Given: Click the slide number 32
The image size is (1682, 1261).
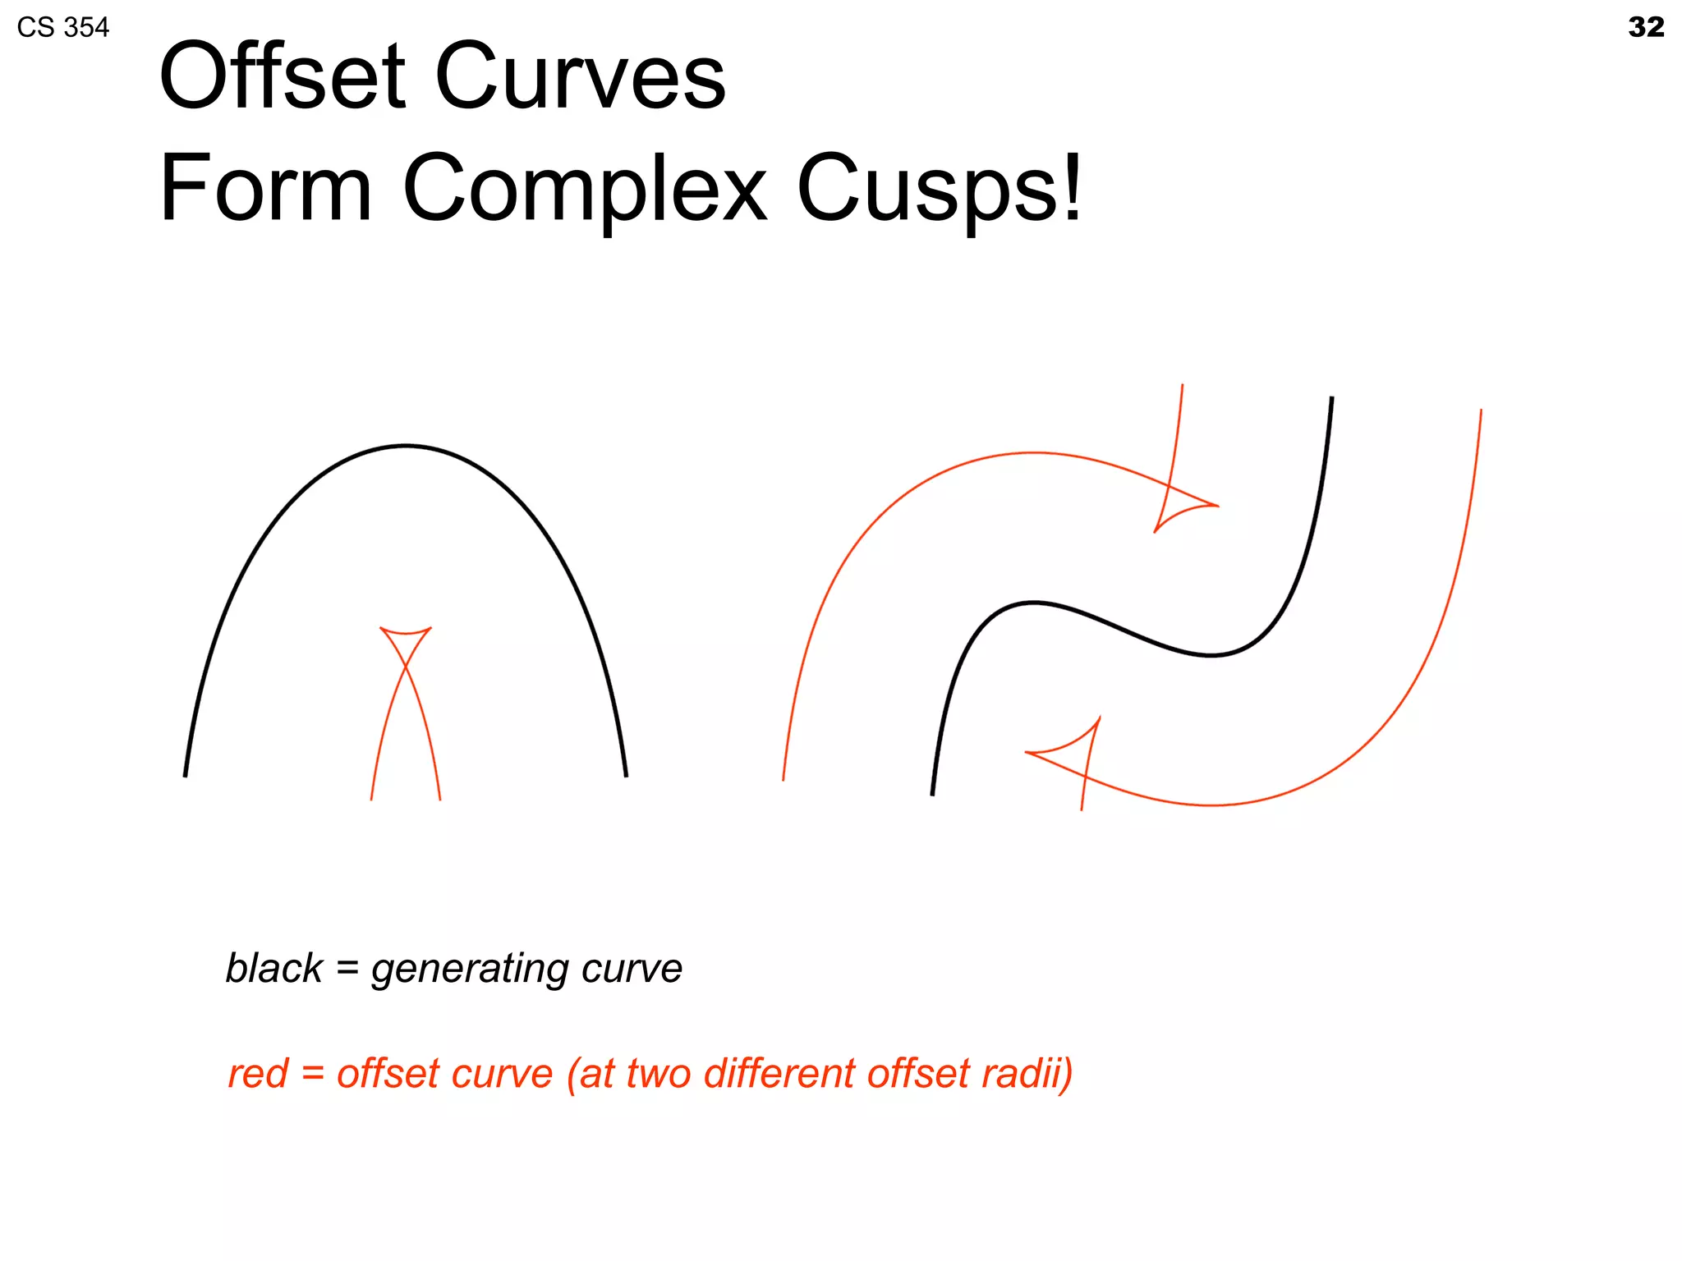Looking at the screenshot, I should coord(1645,27).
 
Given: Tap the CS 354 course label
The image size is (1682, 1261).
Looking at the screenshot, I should coord(62,28).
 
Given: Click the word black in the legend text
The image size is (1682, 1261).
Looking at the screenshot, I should coord(273,969).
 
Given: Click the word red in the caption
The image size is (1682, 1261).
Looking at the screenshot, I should coord(257,1074).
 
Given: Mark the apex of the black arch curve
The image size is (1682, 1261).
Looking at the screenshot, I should coord(407,446).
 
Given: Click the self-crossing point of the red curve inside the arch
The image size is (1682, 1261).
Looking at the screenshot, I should coord(406,666).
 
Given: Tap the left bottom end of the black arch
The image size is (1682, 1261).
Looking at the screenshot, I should coord(186,774).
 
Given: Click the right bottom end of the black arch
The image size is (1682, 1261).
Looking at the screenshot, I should coord(626,774).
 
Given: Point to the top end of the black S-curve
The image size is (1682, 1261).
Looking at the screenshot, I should coord(1331,399).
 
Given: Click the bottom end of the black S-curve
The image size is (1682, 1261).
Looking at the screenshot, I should coord(932,793).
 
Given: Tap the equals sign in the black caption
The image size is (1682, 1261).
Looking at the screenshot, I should coord(347,969).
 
